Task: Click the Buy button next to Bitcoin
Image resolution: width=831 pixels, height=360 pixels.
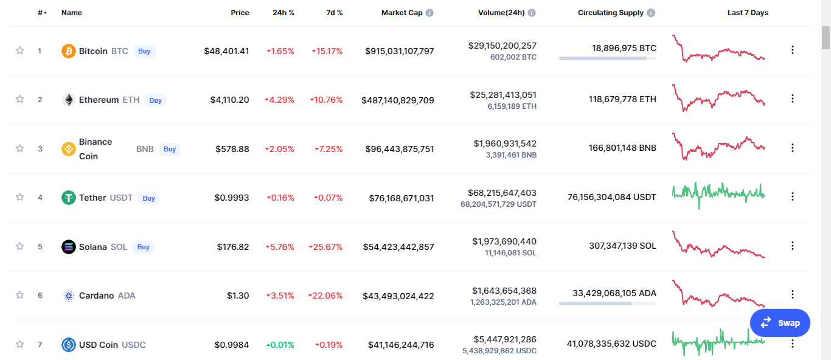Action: click(x=144, y=51)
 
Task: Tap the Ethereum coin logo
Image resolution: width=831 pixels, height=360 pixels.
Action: click(x=69, y=100)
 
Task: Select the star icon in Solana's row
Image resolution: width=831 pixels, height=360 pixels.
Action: click(x=19, y=246)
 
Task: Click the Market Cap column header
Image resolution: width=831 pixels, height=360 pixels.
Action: click(x=402, y=13)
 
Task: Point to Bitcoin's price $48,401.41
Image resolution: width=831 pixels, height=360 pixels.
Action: click(x=226, y=51)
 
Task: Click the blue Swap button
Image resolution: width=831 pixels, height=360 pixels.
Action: click(x=780, y=323)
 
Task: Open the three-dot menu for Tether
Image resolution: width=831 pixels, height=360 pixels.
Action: click(x=793, y=196)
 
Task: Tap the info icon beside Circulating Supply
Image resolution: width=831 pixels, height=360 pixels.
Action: click(x=651, y=13)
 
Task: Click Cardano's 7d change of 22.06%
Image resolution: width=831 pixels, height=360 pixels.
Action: click(x=325, y=296)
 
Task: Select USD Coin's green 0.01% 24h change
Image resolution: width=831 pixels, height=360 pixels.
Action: click(x=280, y=345)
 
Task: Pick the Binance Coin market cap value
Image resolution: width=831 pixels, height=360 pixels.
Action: click(x=400, y=149)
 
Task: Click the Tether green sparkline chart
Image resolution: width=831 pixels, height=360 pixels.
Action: click(x=718, y=195)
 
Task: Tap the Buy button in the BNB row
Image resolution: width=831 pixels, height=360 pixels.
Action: click(x=170, y=149)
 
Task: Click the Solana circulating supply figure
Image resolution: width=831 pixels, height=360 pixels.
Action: click(x=622, y=246)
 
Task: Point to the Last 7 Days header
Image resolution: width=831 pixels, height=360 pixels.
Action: click(x=748, y=13)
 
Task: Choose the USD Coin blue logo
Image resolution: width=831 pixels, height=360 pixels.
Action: click(x=69, y=345)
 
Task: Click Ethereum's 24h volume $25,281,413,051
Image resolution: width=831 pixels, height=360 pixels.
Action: click(x=503, y=95)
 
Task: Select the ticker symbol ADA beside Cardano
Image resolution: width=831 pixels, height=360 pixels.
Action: click(x=127, y=296)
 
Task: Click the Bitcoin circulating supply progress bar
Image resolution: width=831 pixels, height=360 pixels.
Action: click(x=607, y=58)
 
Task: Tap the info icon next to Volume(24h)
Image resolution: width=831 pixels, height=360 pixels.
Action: click(x=532, y=13)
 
